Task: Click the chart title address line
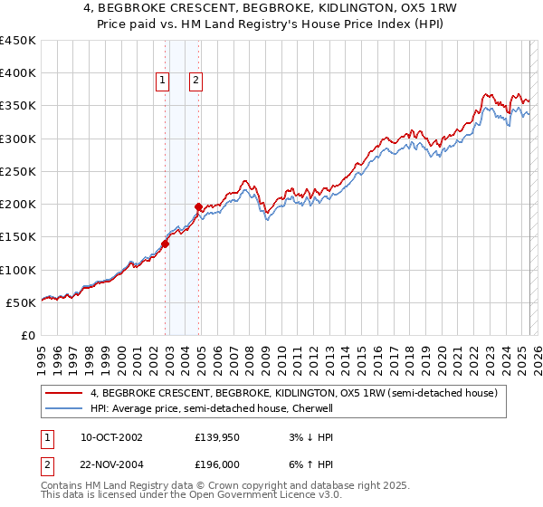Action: coord(271,8)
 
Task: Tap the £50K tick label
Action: coord(21,302)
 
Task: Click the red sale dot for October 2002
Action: coord(166,244)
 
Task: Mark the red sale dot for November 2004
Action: coord(199,207)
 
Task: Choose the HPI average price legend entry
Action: coord(212,408)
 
